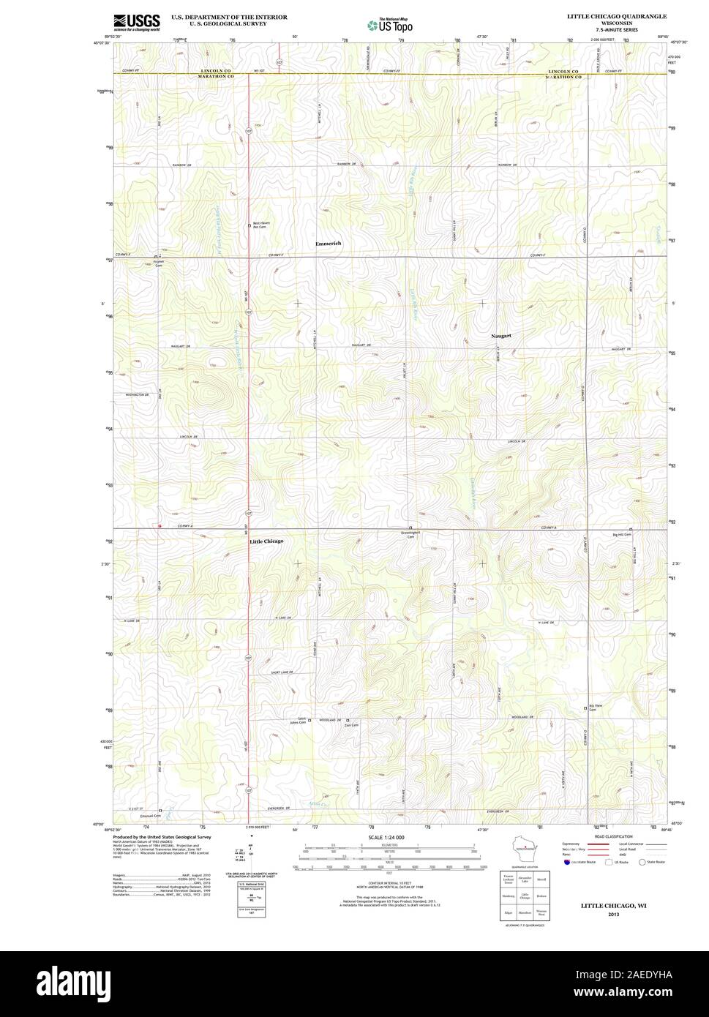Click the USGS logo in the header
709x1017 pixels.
click(137, 23)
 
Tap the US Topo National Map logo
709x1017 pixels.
click(390, 24)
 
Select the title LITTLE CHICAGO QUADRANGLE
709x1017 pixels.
click(616, 15)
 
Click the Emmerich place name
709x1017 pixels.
click(328, 243)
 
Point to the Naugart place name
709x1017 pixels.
click(500, 336)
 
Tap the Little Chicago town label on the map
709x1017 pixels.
click(266, 541)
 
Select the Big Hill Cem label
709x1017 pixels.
click(622, 535)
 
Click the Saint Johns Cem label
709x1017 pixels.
click(297, 721)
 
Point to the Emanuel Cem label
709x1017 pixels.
click(150, 815)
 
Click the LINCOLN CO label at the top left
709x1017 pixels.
click(216, 71)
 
